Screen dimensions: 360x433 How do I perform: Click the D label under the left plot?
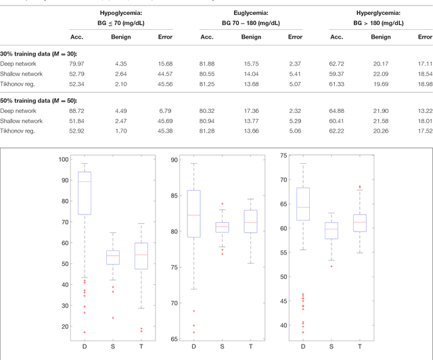pyautogui.click(x=85, y=346)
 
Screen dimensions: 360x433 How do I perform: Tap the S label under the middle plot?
pyautogui.click(x=222, y=346)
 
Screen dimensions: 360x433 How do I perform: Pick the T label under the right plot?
pyautogui.click(x=359, y=346)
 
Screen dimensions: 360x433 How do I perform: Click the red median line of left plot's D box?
pyautogui.click(x=85, y=181)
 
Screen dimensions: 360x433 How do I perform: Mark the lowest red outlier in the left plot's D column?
pyautogui.click(x=85, y=332)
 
